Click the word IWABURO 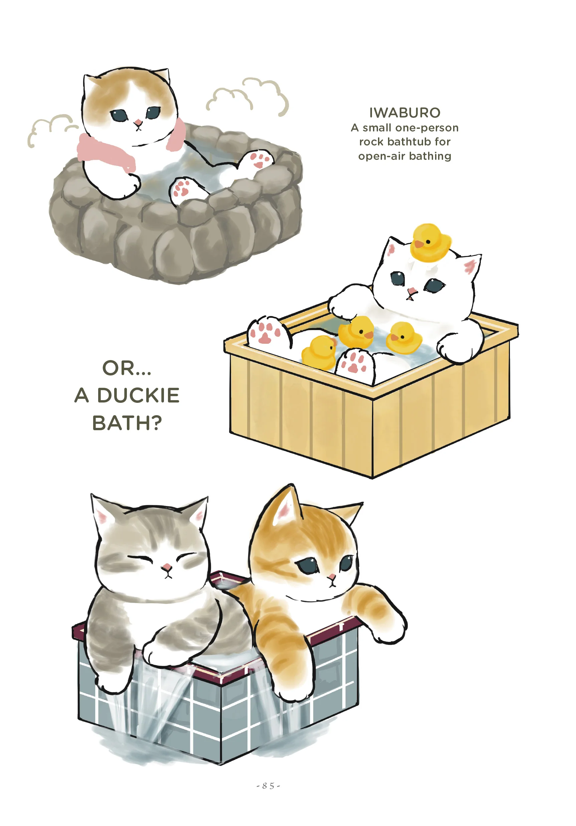point(405,113)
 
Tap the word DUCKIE point(138,395)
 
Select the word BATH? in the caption point(127,423)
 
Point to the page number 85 point(268,786)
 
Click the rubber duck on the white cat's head point(430,242)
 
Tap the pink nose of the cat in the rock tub point(138,123)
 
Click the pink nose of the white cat point(411,290)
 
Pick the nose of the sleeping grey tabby point(166,568)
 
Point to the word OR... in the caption point(127,368)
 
